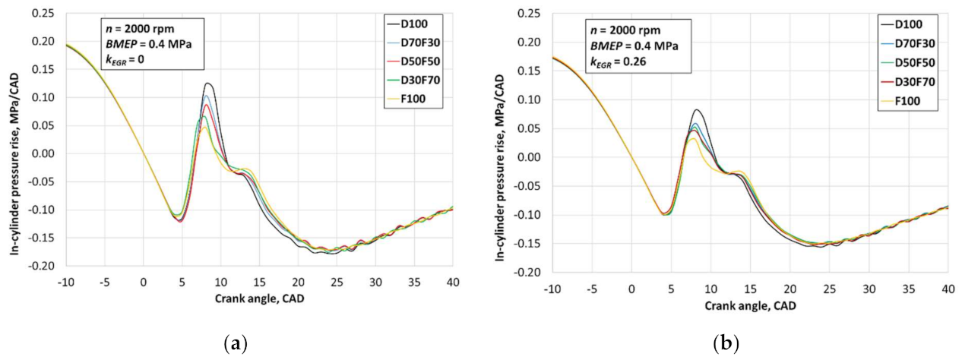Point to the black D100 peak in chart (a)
point(207,84)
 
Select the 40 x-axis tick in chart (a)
point(452,283)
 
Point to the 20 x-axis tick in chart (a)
point(298,283)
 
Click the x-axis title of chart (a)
point(258,298)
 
